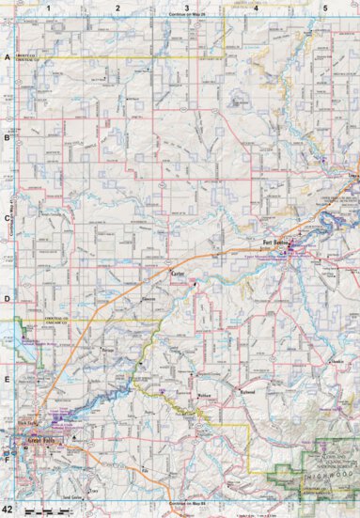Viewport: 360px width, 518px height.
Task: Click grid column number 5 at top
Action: point(325,8)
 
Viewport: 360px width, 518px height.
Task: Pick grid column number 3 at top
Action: point(187,8)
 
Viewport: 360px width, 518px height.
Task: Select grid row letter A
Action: point(7,58)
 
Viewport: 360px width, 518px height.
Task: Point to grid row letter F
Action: point(7,462)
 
